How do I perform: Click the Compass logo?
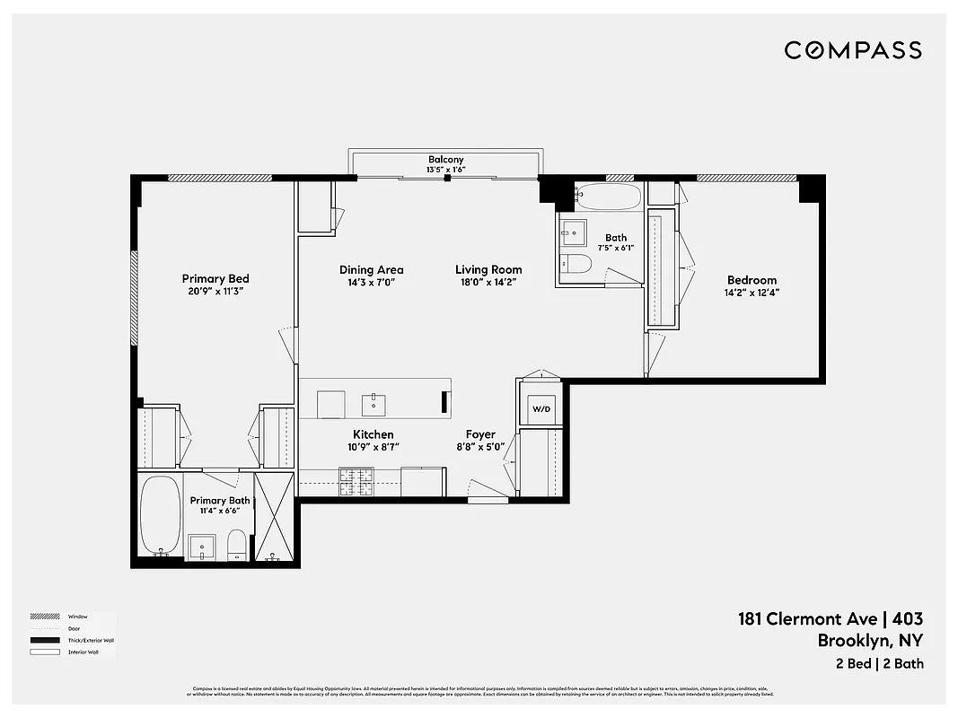[x=852, y=50]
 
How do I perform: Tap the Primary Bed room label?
[x=215, y=279]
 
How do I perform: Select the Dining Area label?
[x=371, y=269]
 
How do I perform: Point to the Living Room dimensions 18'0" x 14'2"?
[x=488, y=282]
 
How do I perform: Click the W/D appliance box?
[x=541, y=409]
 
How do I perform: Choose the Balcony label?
[x=445, y=160]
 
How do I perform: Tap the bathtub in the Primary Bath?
[x=160, y=515]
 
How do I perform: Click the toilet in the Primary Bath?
[x=236, y=544]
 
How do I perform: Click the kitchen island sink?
[x=374, y=405]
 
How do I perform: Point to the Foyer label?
[x=480, y=434]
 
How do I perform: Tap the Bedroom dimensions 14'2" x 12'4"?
[x=751, y=293]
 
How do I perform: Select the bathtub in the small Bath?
[x=608, y=196]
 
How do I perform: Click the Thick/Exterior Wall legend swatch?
[x=44, y=640]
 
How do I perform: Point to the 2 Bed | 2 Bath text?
[x=878, y=664]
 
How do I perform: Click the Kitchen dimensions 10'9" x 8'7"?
[x=373, y=447]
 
